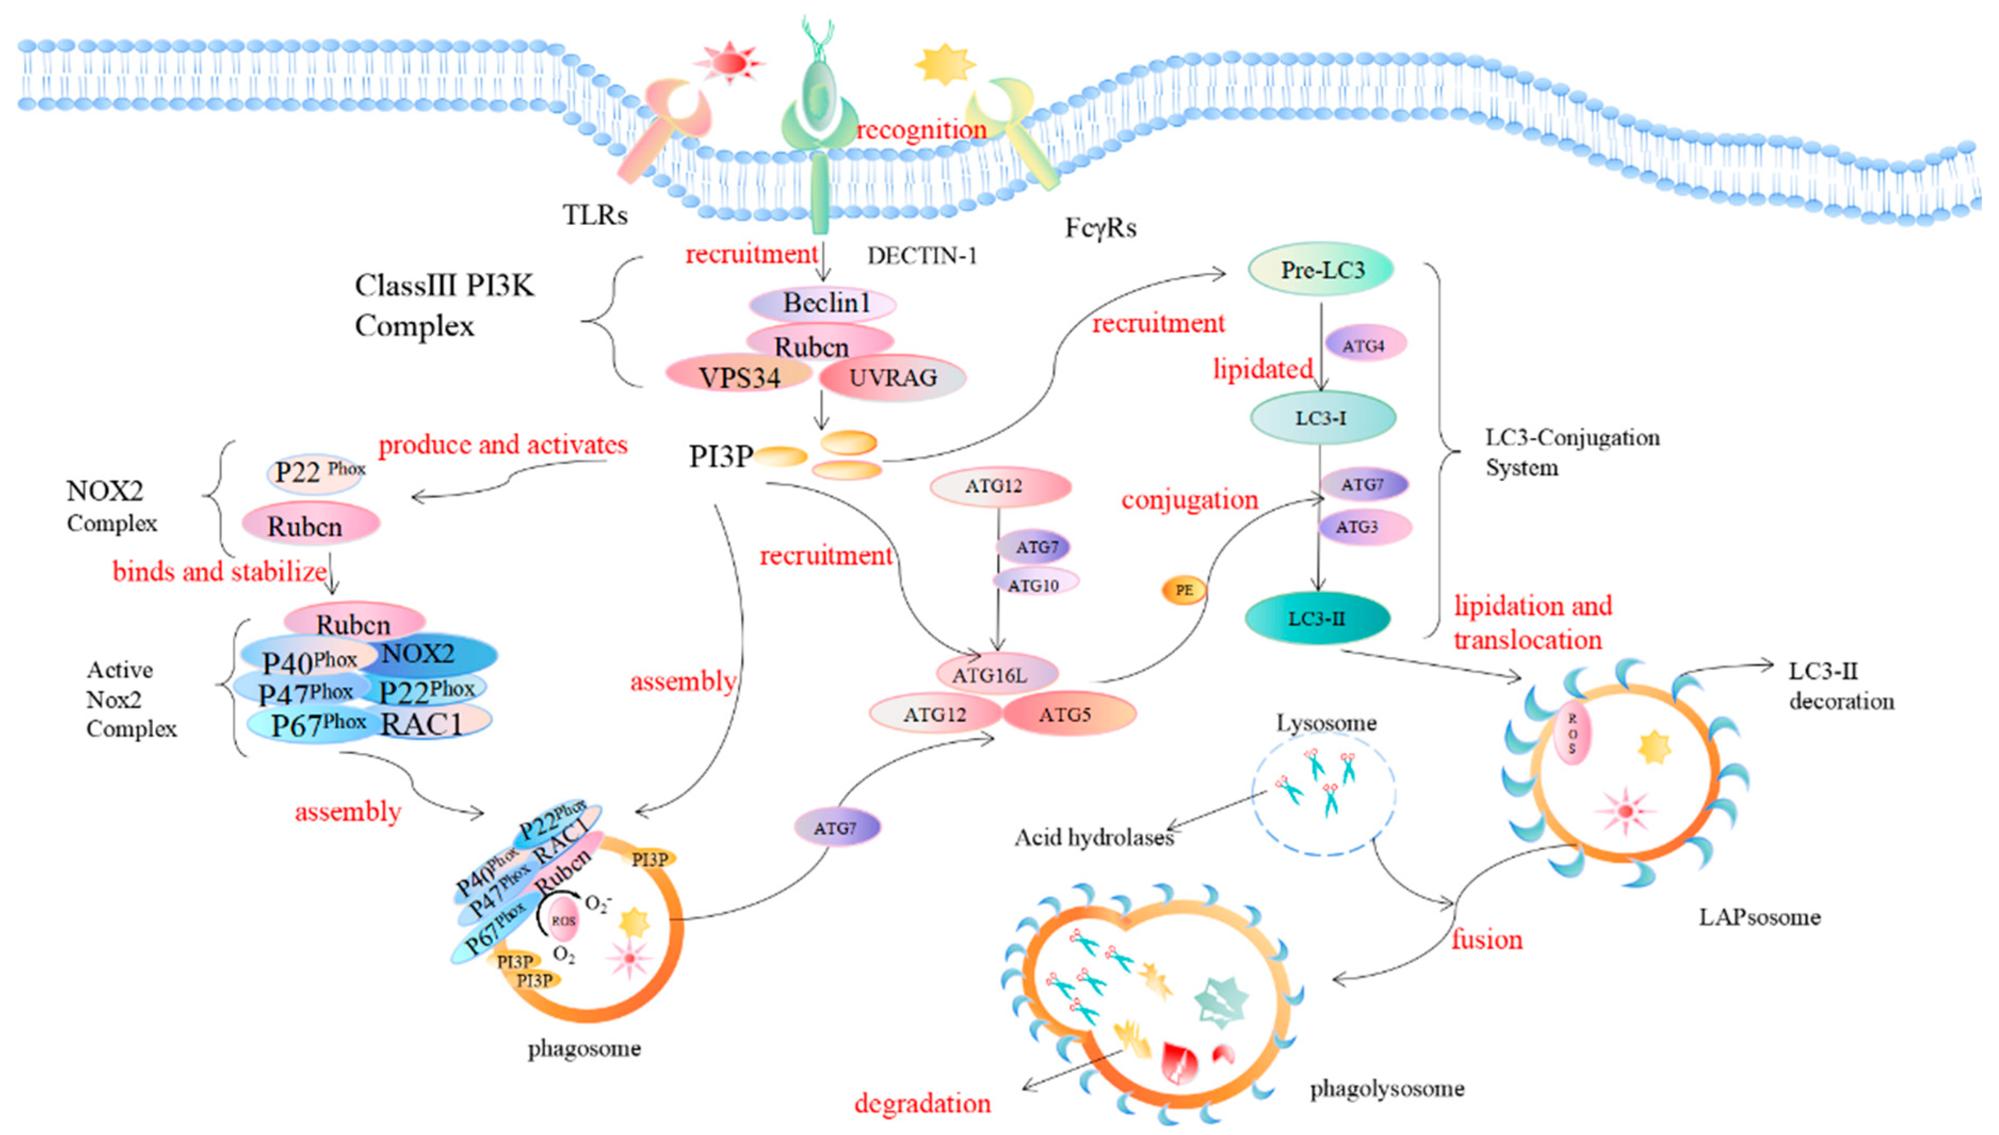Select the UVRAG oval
[x=893, y=378]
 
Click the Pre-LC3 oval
[x=1321, y=270]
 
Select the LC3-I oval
[x=1321, y=418]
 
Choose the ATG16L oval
[x=989, y=675]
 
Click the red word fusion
[x=1485, y=939]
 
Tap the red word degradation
[x=922, y=1103]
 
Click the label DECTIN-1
[x=922, y=256]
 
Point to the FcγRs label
[x=1100, y=228]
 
